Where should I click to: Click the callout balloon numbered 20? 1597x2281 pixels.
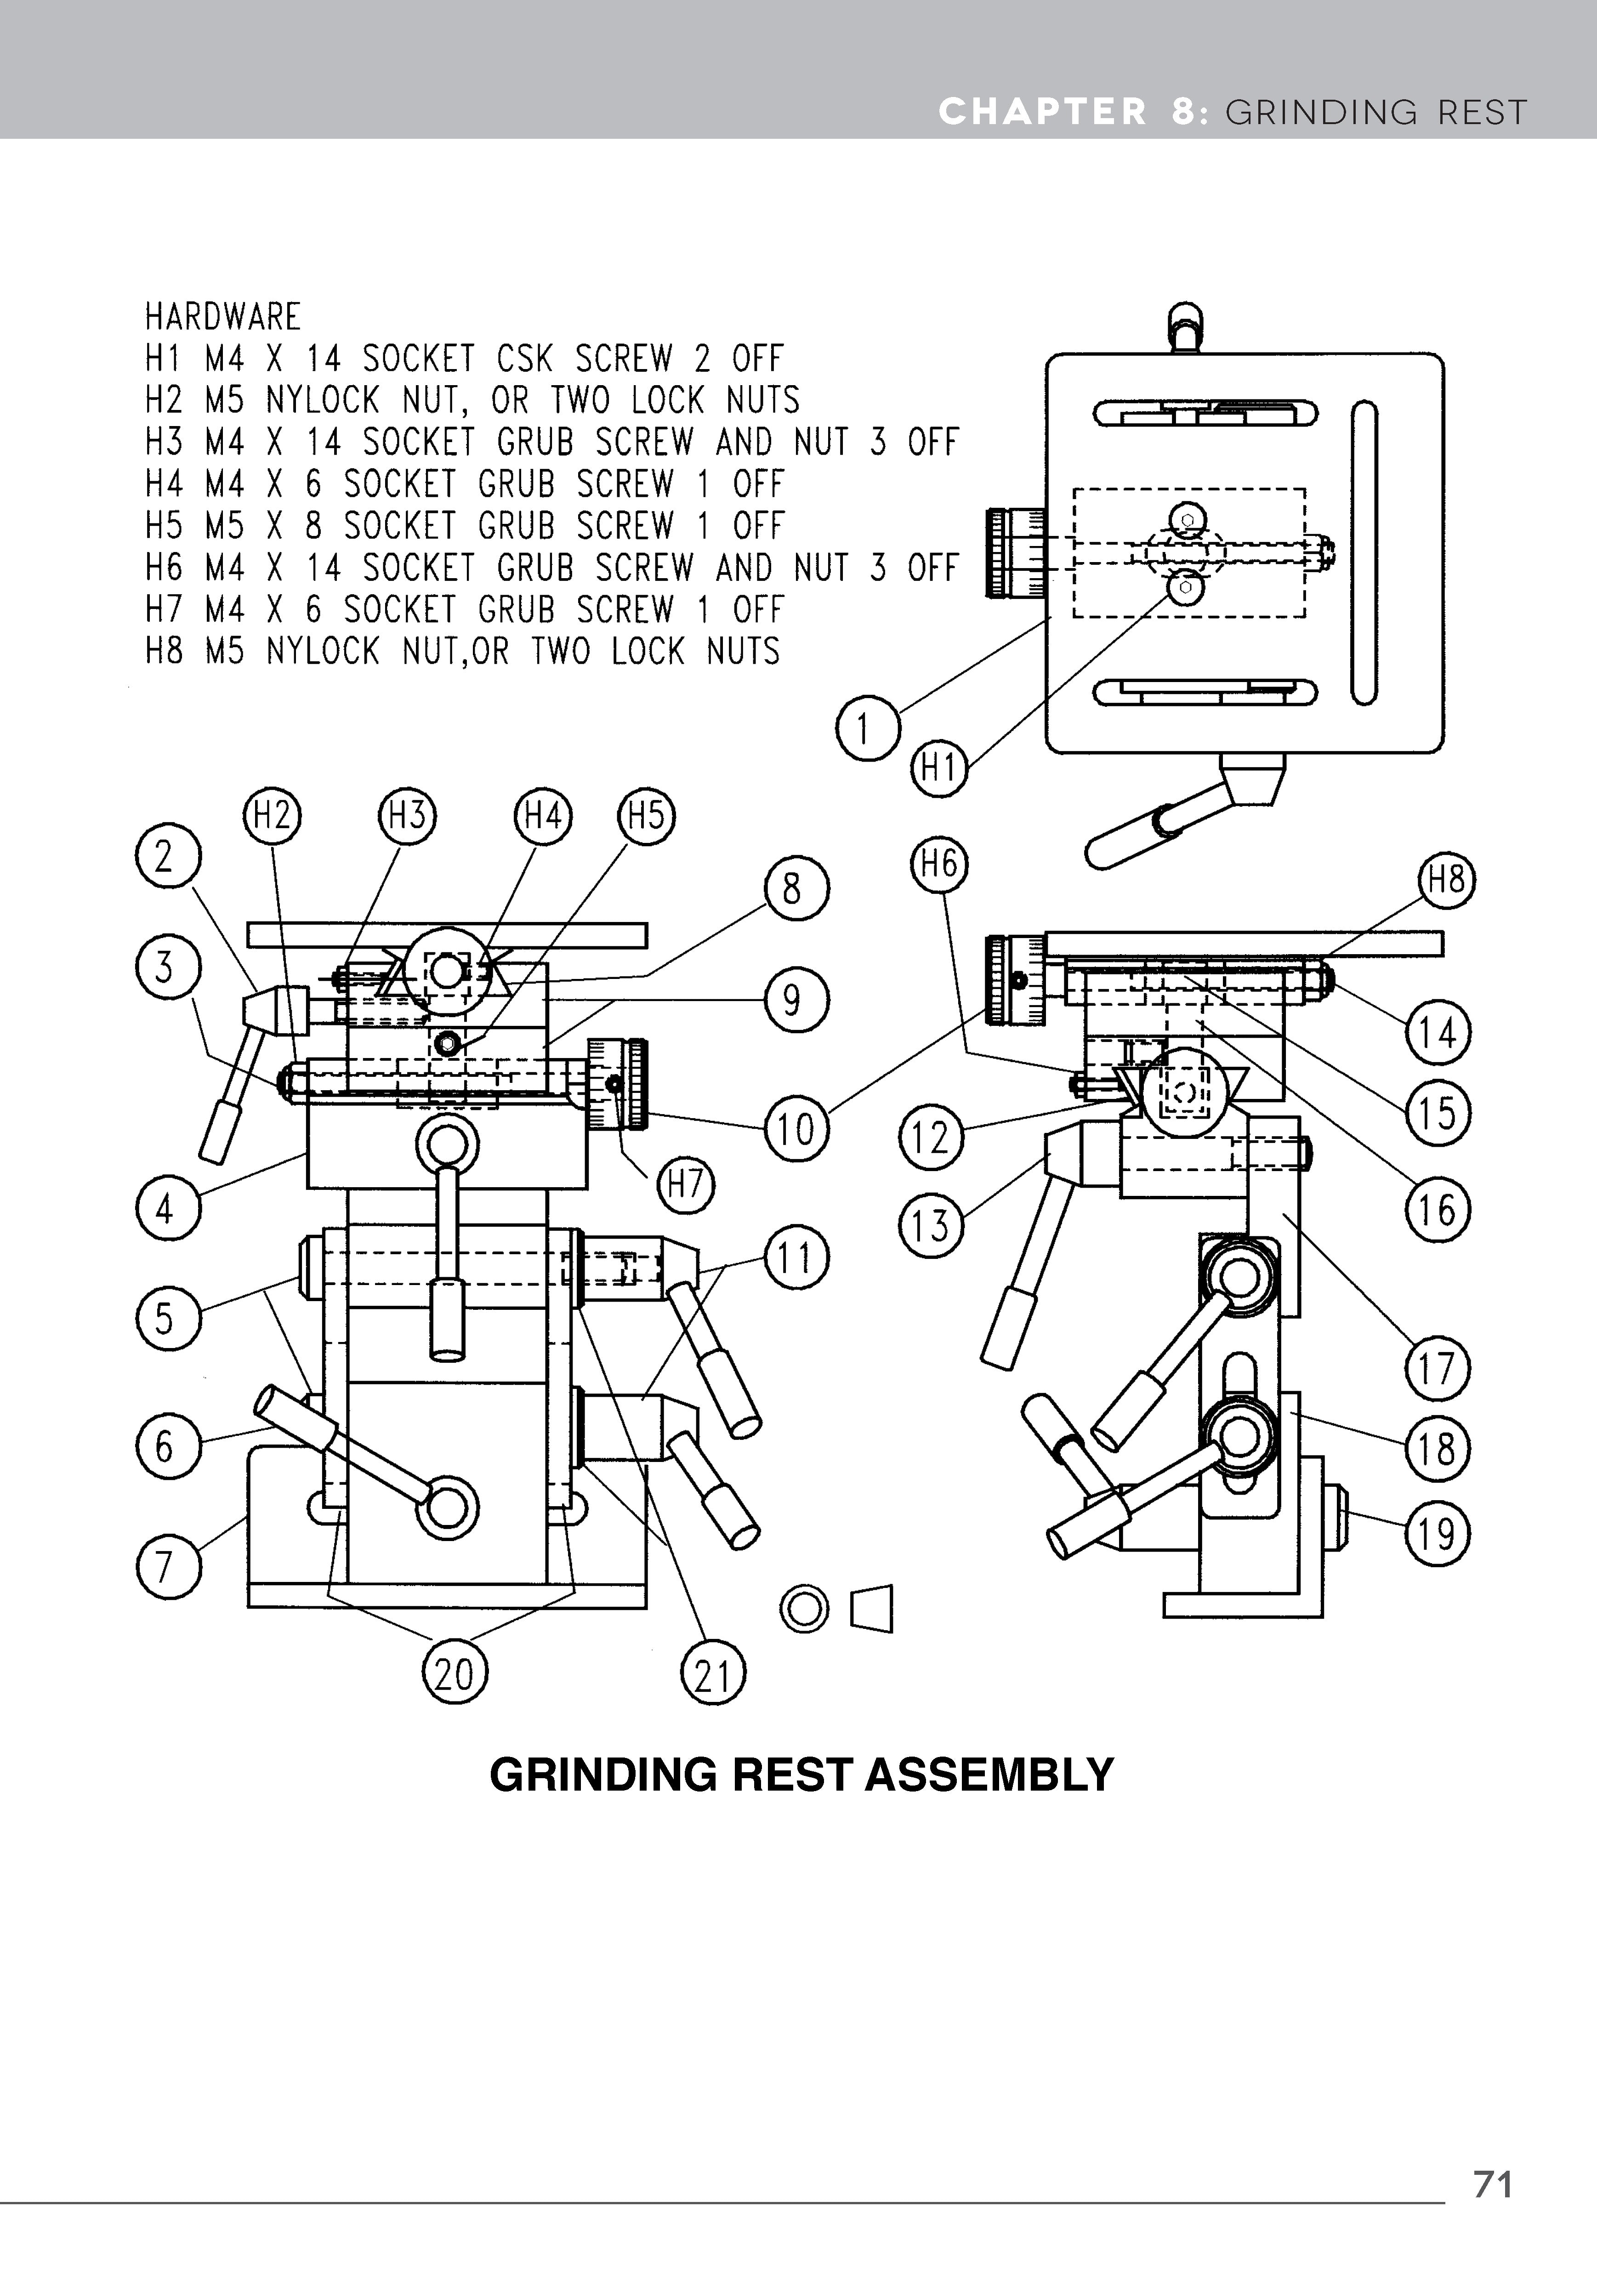[455, 1675]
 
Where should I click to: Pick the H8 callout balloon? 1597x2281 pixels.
[1446, 880]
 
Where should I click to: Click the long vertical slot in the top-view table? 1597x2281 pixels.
[1364, 552]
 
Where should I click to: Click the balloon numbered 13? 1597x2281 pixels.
[931, 1225]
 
